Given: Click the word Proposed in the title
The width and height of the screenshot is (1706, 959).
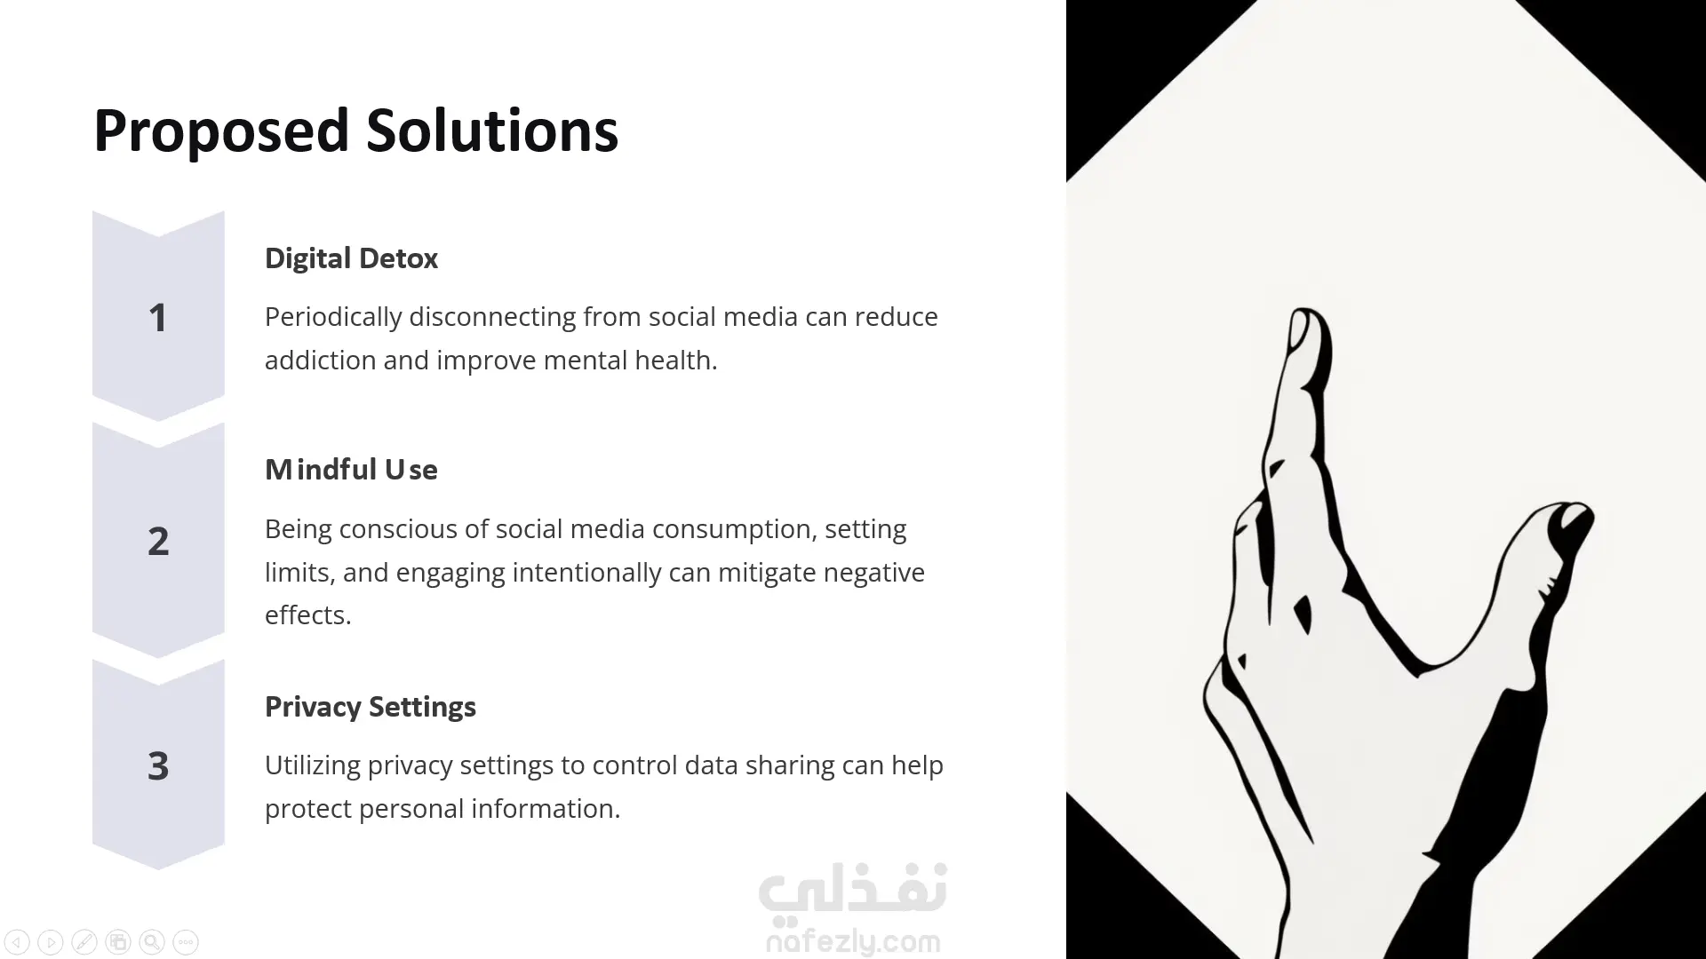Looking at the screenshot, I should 221,131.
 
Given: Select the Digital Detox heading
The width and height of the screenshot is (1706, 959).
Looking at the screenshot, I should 351,258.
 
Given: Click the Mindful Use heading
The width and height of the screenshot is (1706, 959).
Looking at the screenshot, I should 351,470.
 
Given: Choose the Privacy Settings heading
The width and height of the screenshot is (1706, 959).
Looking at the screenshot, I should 370,707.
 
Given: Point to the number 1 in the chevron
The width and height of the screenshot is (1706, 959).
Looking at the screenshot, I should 158,318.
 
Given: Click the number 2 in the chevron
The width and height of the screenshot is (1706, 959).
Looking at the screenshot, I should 158,541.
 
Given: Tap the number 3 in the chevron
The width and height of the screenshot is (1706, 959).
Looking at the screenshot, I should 158,765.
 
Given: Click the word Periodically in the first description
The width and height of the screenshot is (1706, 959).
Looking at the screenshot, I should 333,317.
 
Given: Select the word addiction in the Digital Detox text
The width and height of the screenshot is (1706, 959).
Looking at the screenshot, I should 320,361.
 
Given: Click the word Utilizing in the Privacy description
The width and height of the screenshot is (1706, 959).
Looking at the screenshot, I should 312,765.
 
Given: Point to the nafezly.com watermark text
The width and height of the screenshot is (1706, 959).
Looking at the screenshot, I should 853,941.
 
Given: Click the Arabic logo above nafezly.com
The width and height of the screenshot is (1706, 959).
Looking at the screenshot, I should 853,890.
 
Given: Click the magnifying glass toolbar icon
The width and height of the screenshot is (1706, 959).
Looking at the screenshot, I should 152,942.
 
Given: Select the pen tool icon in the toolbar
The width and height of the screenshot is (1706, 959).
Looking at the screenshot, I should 84,942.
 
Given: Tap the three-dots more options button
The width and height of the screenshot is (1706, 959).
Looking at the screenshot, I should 186,942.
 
